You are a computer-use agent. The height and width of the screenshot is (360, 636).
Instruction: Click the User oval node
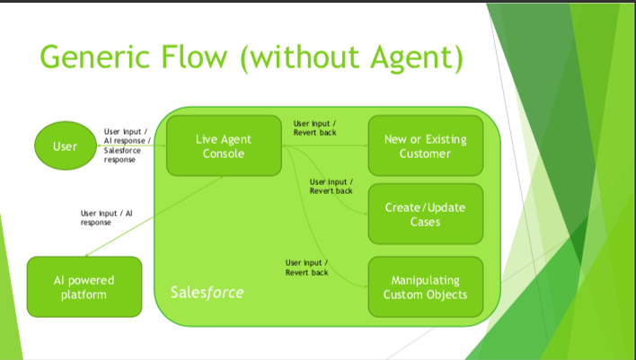[66, 146]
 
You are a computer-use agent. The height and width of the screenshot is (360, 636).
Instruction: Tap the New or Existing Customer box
[426, 146]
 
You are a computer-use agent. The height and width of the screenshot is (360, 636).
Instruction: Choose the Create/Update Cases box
[426, 214]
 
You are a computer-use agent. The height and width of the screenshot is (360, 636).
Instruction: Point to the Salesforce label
[207, 294]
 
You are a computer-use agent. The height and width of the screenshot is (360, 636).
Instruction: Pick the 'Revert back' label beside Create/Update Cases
[331, 190]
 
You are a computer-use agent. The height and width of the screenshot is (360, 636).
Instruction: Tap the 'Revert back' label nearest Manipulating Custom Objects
[306, 271]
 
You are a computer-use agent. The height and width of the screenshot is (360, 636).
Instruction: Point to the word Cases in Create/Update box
[426, 221]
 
